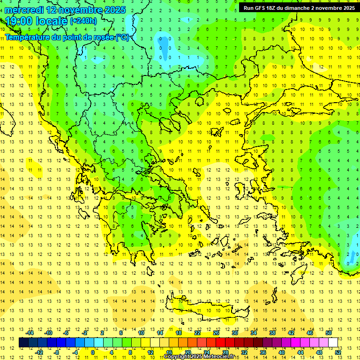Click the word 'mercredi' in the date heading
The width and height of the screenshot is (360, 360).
point(24,10)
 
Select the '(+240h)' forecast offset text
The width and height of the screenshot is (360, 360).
point(83,21)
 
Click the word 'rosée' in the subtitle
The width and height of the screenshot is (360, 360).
point(103,37)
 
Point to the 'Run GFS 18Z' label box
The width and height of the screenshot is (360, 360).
point(298,8)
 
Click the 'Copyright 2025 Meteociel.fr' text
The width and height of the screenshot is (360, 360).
point(199,357)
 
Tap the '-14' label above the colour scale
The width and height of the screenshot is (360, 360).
point(30,332)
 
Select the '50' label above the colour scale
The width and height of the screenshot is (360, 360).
point(328,332)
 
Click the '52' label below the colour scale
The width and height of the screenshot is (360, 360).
point(338,352)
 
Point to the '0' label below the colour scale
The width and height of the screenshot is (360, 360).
point(92,352)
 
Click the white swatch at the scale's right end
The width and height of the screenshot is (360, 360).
point(333,342)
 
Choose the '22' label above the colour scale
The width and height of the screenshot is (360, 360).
point(197,332)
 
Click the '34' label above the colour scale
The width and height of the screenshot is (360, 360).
point(254,332)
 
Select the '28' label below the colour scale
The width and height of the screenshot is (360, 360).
point(225,352)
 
